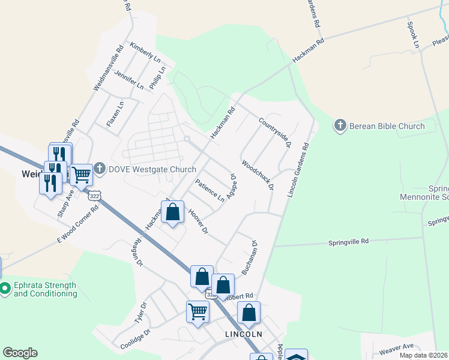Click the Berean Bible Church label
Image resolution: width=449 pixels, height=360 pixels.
387,126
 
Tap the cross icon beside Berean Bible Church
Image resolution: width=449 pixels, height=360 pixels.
340,125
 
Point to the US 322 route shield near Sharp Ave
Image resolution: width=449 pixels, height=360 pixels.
94,196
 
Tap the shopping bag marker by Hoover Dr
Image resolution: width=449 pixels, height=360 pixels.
173,212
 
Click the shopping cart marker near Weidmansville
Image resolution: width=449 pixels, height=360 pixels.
81,175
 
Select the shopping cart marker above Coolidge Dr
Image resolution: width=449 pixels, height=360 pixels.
197,311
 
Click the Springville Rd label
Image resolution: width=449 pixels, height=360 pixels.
348,242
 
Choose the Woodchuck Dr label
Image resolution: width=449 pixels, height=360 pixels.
258,175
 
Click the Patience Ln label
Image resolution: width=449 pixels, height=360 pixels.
209,190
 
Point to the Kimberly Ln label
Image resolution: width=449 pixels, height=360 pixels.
145,53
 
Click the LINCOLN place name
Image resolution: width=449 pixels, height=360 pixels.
243,334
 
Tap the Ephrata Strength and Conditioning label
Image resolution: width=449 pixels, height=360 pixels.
45,289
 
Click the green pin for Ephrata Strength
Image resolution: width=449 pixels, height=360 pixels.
5,289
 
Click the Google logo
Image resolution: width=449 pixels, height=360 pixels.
20,353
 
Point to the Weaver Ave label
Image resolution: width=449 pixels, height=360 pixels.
396,347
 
